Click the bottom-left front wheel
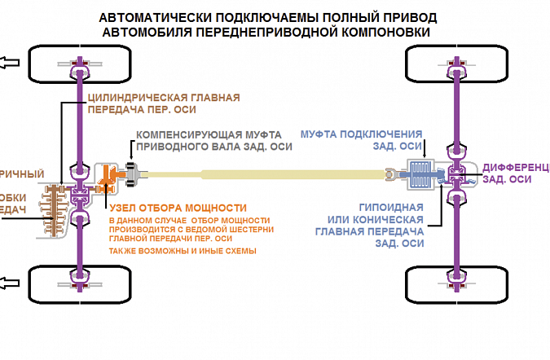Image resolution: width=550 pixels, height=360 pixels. pyautogui.click(x=80, y=283)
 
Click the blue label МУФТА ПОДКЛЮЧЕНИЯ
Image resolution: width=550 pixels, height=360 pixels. pyautogui.click(x=361, y=134)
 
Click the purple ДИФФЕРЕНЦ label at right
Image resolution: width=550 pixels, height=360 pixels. pyautogui.click(x=516, y=166)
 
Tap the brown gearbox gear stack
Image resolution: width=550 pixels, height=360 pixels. pyautogui.click(x=51, y=208)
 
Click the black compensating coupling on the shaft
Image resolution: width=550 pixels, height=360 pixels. pyautogui.click(x=135, y=172)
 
